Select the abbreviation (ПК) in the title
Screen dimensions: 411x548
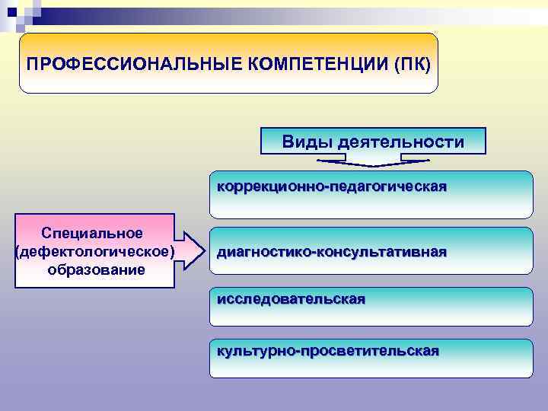pos(412,62)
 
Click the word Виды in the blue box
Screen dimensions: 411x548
pos(307,142)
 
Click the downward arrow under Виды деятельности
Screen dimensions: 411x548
pos(373,161)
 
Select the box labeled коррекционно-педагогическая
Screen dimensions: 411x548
pos(371,195)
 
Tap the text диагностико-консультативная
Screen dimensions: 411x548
pos(332,251)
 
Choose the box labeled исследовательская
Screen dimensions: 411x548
pos(371,306)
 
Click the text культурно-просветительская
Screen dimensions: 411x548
pos(328,351)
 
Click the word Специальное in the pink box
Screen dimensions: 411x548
pos(92,232)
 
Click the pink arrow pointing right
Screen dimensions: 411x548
pos(193,250)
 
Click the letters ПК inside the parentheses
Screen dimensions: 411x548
pos(412,62)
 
